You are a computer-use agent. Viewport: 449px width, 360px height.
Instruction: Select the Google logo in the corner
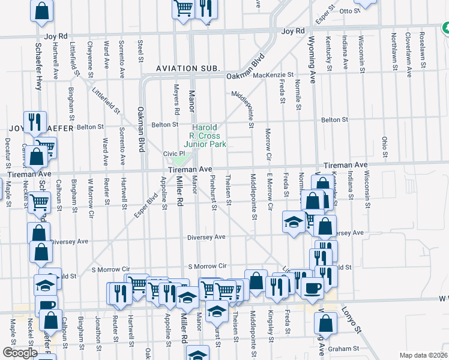(20, 353)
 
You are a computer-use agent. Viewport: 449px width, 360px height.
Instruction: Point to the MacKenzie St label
(273, 75)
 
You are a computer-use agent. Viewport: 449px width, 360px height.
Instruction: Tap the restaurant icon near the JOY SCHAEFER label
(34, 121)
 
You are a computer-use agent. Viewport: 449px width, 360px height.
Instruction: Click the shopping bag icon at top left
(41, 10)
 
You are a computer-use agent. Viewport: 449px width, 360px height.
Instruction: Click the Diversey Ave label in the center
(206, 237)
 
